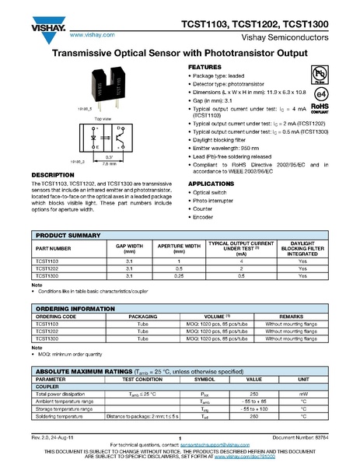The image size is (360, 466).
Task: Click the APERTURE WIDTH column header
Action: (179, 248)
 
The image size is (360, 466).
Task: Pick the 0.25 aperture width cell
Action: (179, 275)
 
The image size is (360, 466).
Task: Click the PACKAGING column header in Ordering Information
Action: (143, 317)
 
